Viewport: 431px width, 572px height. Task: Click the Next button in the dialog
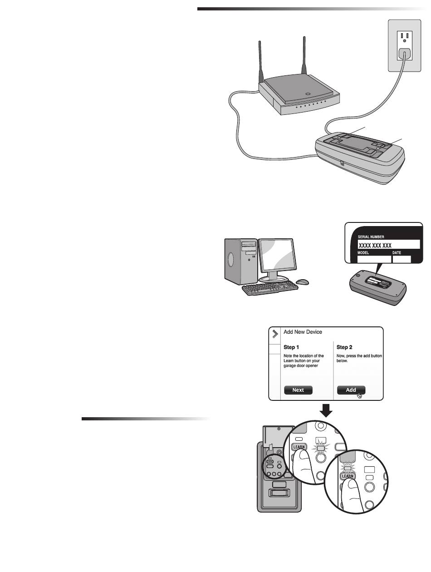pyautogui.click(x=298, y=390)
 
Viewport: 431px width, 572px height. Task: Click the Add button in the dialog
pyautogui.click(x=351, y=390)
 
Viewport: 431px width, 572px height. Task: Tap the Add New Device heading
pyautogui.click(x=303, y=332)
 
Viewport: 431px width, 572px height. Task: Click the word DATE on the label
pyautogui.click(x=398, y=253)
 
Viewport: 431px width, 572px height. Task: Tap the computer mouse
pyautogui.click(x=302, y=282)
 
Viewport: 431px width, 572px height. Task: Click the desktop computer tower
pyautogui.click(x=240, y=262)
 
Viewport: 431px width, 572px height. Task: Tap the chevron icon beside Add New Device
pyautogui.click(x=274, y=334)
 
